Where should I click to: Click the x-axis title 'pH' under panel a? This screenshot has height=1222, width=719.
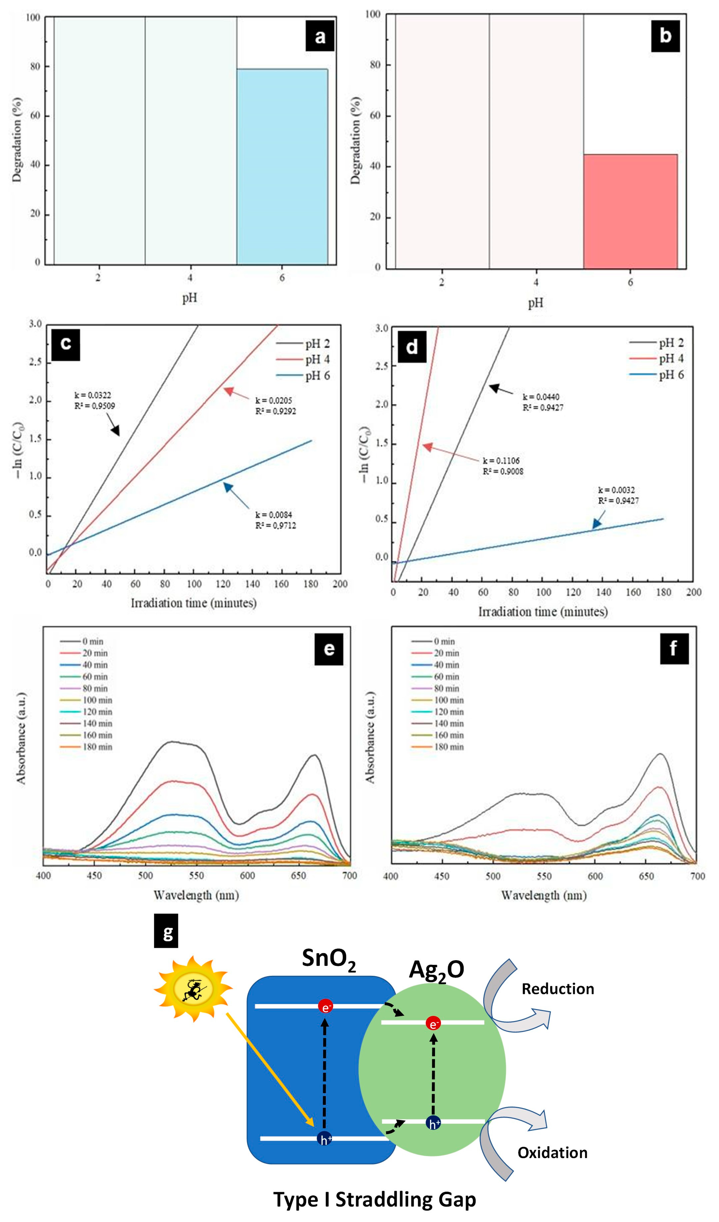pos(189,298)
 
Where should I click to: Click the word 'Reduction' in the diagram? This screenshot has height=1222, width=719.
pos(557,989)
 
